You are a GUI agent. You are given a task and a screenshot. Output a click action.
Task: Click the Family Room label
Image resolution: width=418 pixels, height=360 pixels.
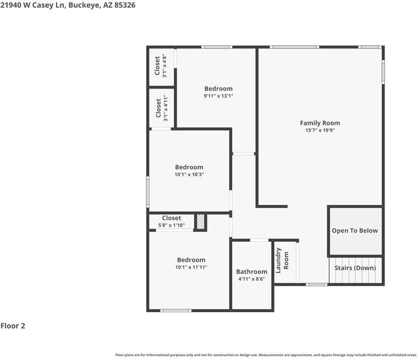[320, 123]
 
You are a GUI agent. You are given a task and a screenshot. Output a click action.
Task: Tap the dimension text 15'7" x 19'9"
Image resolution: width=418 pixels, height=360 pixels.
[320, 131]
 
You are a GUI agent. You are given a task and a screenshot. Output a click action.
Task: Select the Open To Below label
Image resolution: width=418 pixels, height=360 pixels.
[355, 231]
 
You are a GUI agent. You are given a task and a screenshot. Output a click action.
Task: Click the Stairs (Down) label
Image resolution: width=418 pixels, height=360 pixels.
[355, 268]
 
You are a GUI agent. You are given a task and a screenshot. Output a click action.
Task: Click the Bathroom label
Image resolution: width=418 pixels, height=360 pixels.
[251, 272]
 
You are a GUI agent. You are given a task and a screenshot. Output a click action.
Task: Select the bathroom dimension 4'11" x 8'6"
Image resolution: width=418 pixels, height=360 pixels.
[251, 279]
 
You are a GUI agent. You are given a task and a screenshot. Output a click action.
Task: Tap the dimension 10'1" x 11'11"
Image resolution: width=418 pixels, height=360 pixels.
[191, 268]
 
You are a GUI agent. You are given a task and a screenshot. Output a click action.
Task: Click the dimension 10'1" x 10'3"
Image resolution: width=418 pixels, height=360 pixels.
[189, 175]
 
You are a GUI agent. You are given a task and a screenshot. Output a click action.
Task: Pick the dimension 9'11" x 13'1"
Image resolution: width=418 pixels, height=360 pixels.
[218, 96]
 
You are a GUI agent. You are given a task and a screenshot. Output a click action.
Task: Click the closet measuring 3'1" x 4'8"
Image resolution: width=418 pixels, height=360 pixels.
[161, 67]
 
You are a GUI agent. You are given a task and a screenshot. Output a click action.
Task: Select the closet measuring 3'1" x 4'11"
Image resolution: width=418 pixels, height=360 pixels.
[161, 108]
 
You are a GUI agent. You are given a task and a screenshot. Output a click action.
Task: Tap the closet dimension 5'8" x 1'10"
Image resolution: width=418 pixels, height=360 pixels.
[172, 225]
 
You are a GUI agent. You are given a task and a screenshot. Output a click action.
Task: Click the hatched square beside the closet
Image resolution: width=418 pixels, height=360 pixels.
[201, 221]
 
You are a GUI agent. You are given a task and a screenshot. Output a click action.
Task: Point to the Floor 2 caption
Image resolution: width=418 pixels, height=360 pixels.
[13, 326]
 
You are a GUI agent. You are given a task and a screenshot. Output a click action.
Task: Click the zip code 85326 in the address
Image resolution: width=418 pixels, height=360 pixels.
[124, 5]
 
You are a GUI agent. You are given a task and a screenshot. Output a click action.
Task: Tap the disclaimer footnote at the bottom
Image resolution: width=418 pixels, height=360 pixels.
[266, 355]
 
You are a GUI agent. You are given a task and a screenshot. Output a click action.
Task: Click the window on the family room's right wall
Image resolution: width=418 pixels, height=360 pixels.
[383, 71]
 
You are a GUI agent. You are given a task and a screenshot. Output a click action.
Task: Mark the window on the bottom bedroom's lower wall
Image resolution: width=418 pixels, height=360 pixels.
[176, 311]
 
